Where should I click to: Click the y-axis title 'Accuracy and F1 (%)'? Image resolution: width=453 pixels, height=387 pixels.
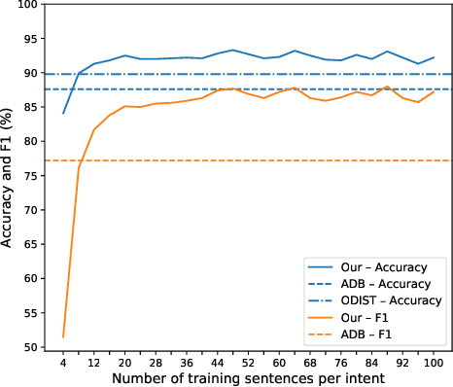point(9,176)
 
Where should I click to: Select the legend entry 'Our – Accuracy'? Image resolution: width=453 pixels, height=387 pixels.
point(379,264)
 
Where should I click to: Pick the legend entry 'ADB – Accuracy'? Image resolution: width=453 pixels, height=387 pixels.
point(379,282)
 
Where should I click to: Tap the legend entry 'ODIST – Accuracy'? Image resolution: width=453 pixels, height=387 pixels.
point(383,300)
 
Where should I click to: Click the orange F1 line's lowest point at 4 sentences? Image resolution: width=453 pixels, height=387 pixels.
point(64,336)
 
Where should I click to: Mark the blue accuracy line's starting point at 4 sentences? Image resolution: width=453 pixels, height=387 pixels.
point(64,114)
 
